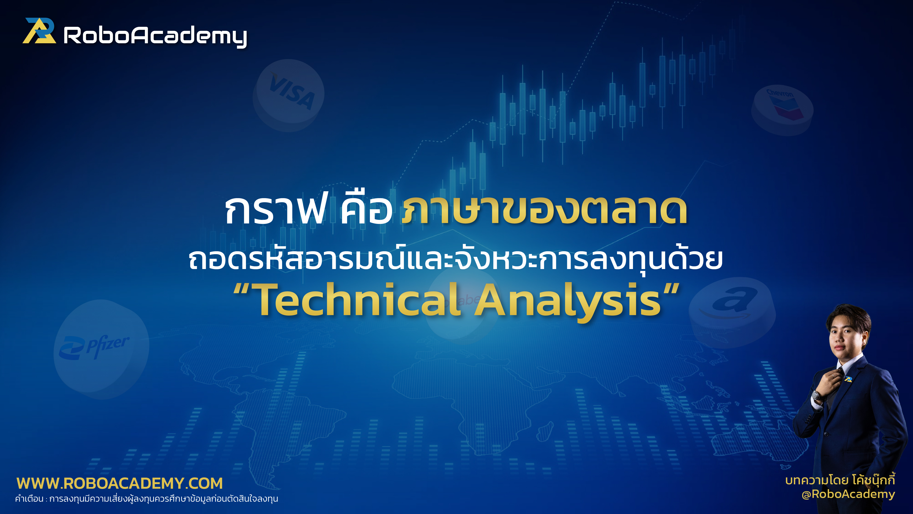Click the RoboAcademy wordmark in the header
click(155, 36)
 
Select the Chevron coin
click(782, 109)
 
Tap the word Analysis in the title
click(567, 301)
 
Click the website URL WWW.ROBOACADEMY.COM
click(120, 483)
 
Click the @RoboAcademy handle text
click(848, 494)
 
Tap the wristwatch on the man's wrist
click(817, 396)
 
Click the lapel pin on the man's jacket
click(848, 379)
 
